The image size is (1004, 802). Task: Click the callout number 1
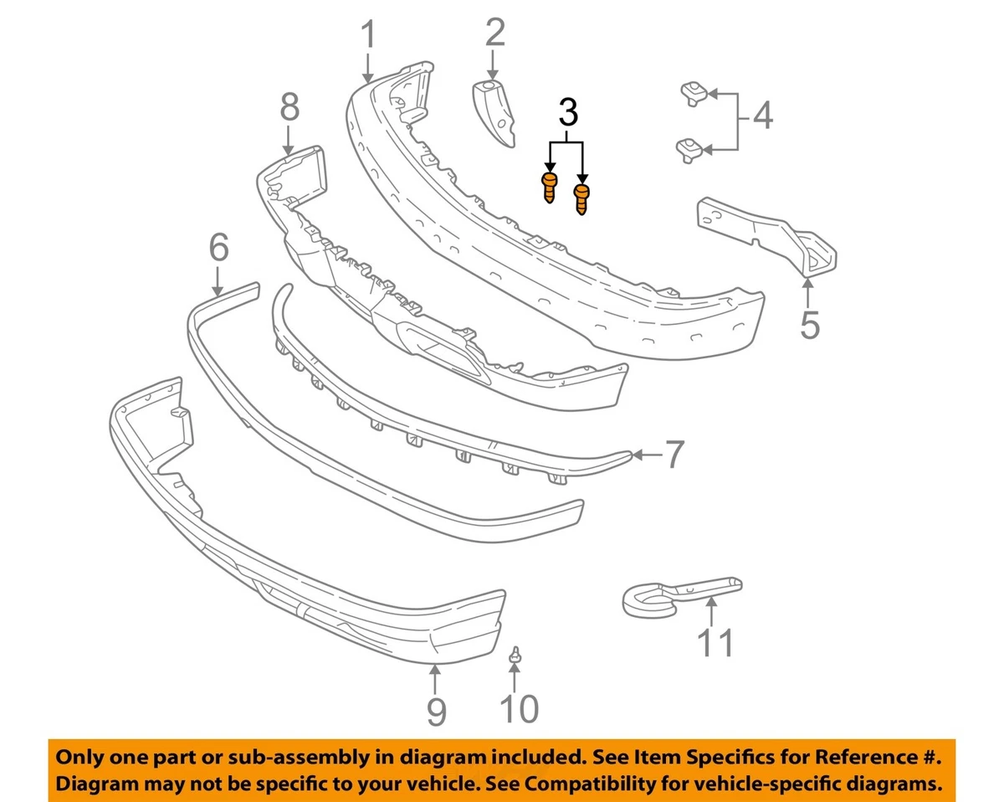pos(368,36)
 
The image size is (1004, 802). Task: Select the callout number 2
pos(494,33)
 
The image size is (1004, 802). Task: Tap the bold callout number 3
pos(567,111)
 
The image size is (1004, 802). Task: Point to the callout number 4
pos(761,116)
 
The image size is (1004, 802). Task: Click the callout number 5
pos(809,324)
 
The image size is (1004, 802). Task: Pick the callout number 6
pos(218,248)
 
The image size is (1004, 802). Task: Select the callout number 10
pos(519,709)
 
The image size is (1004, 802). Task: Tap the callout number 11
pos(716,643)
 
